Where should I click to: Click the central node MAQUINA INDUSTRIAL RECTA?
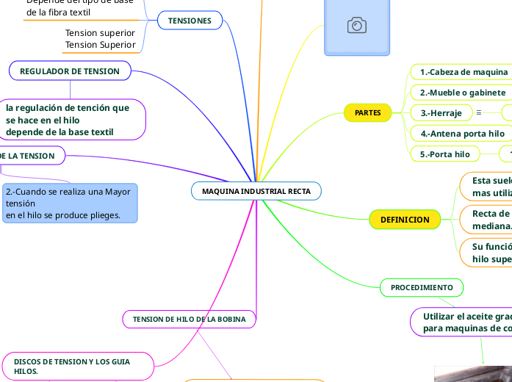(x=256, y=191)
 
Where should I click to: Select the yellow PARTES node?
(x=367, y=113)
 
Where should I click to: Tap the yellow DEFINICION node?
(x=404, y=220)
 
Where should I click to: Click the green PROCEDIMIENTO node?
(x=421, y=286)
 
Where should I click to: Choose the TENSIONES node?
(x=190, y=21)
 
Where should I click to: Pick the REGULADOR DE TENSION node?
(x=70, y=71)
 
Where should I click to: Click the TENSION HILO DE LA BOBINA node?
(x=189, y=320)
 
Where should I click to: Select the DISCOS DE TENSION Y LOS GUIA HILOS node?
(x=77, y=367)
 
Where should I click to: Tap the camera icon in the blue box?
(x=357, y=26)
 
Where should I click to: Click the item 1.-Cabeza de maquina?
(x=464, y=72)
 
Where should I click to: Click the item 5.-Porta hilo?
(x=444, y=154)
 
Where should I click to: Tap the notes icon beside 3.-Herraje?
(x=479, y=113)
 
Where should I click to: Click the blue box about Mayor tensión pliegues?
(x=70, y=203)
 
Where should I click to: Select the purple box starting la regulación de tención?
(x=72, y=120)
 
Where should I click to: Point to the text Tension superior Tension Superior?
(x=100, y=39)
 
